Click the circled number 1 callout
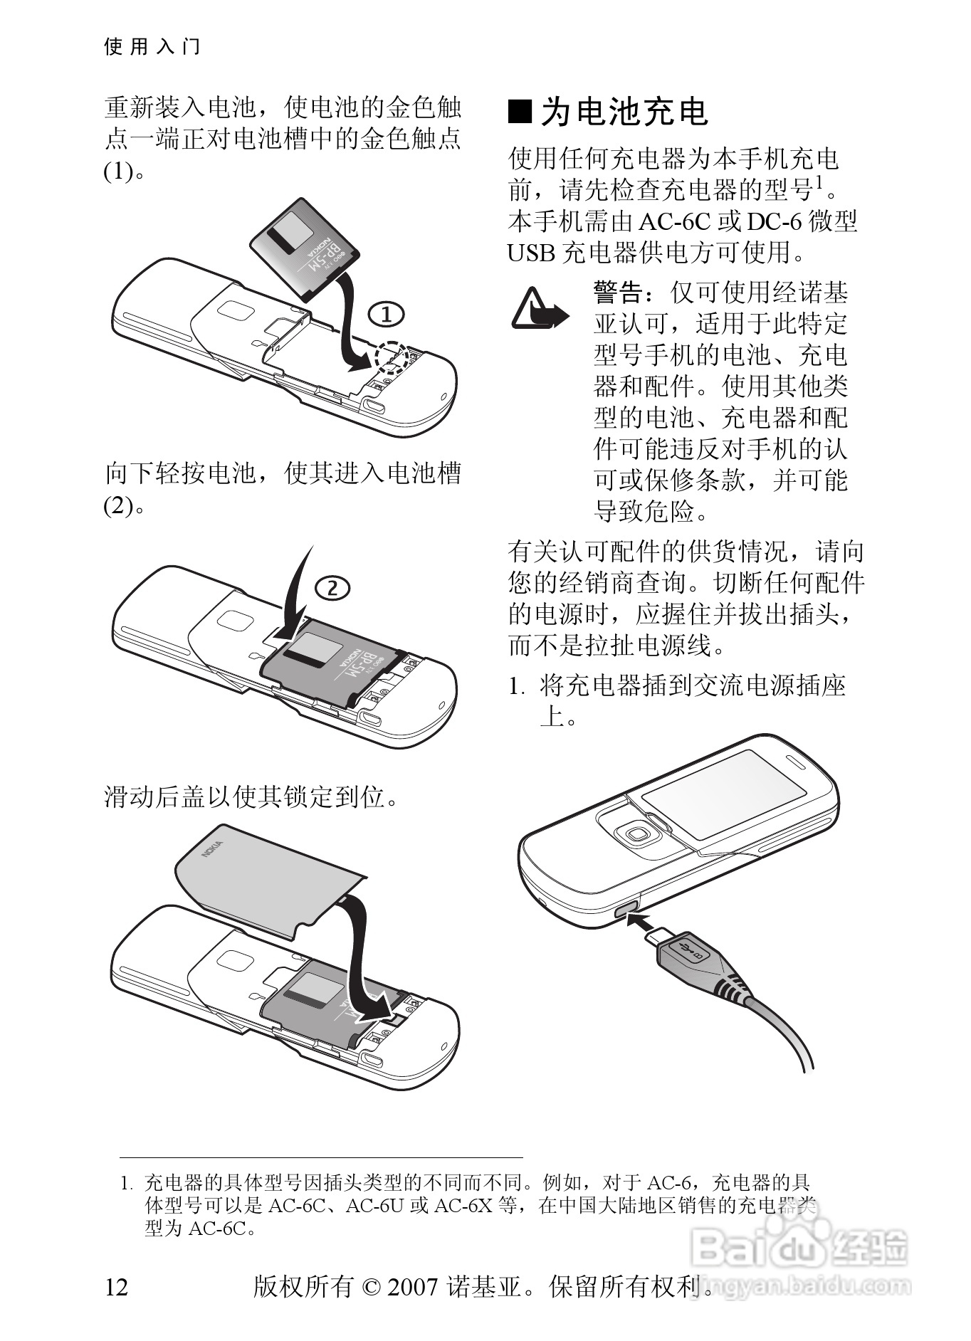[x=386, y=315]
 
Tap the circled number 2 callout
[x=331, y=588]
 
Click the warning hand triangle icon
[x=540, y=309]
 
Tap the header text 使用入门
[x=152, y=47]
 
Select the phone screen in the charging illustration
[x=724, y=794]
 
